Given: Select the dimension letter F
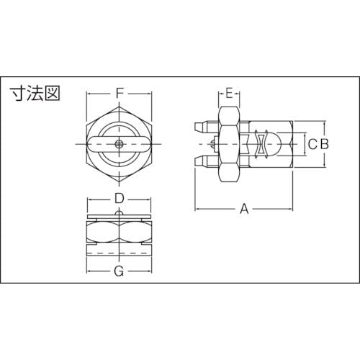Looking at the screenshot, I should click(120, 93).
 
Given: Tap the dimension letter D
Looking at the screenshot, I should click(120, 198).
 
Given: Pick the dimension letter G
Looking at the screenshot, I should click(120, 271).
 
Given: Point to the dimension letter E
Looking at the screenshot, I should click(228, 93).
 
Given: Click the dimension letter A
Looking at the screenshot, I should click(244, 209).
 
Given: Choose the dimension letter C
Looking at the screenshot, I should click(312, 144).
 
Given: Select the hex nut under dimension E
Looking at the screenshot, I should click(228, 144).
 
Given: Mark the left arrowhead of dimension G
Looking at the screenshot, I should click(89, 271).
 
